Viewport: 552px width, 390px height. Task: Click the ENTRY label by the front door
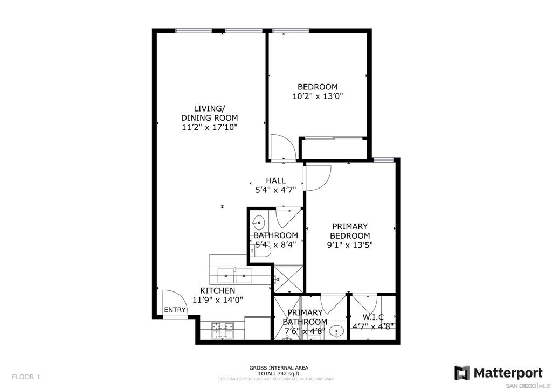click(x=175, y=310)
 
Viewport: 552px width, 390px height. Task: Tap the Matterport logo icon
click(x=461, y=373)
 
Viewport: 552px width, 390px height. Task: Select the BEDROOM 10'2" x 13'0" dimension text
click(x=318, y=96)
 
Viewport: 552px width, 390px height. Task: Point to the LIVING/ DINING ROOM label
click(x=210, y=113)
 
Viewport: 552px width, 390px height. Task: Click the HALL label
click(x=275, y=181)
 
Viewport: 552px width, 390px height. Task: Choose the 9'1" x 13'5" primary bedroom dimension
click(x=350, y=245)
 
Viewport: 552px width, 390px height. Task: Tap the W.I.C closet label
click(x=373, y=317)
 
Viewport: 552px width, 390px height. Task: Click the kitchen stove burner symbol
click(x=223, y=331)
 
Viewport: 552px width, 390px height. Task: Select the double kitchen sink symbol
click(x=235, y=276)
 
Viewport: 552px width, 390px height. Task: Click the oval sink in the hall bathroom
click(x=259, y=222)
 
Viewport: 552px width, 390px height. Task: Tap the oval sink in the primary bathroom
click(x=337, y=331)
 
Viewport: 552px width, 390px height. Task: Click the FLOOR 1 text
click(x=26, y=377)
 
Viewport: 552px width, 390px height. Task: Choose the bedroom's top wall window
click(x=291, y=31)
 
